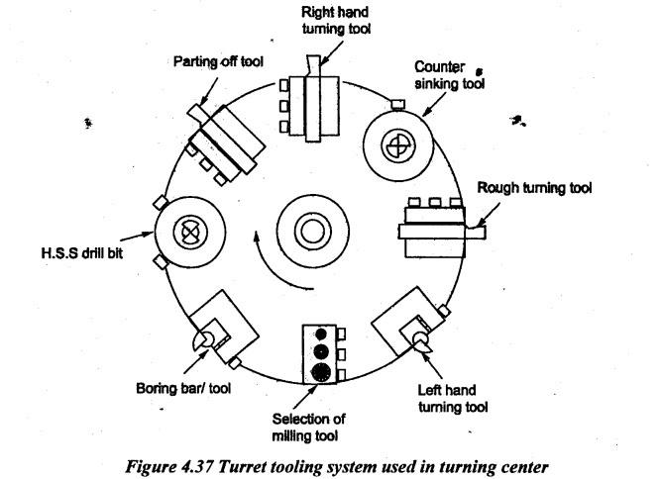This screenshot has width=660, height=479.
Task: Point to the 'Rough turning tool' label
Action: [x=534, y=188]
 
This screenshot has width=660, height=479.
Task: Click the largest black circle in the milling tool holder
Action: [x=319, y=371]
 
